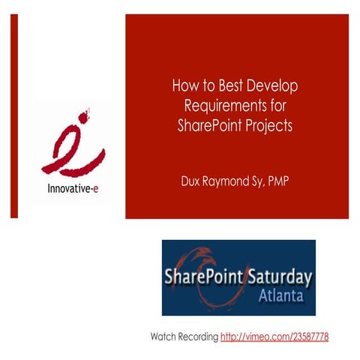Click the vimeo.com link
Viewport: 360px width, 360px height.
pos(274,336)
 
